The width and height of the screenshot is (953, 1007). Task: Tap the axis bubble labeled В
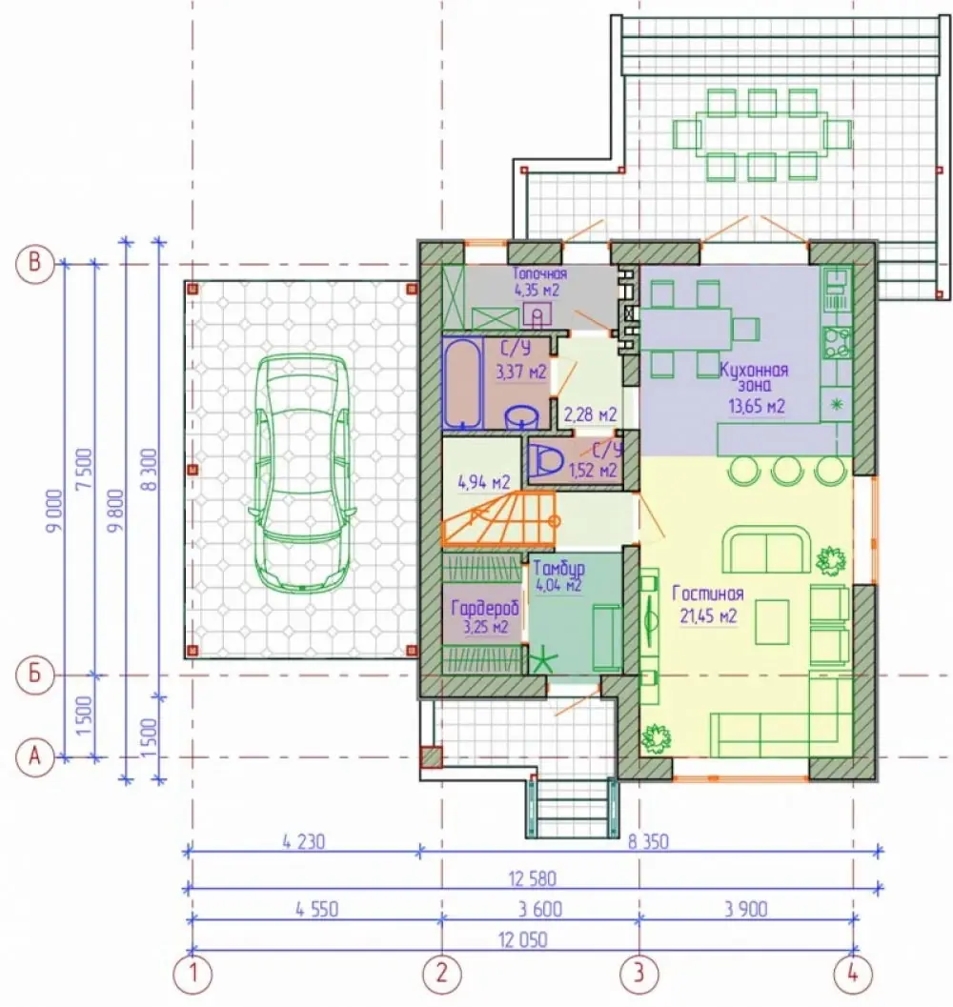pos(34,263)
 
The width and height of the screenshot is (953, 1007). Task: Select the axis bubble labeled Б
pos(34,675)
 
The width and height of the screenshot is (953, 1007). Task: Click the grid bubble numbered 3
pos(639,973)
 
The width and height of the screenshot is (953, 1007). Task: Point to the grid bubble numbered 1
pos(192,974)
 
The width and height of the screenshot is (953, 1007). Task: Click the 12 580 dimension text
pos(532,878)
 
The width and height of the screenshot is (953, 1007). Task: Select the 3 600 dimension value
pos(539,909)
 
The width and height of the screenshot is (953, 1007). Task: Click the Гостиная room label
pos(707,594)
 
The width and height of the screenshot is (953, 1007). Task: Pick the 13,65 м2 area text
pos(757,406)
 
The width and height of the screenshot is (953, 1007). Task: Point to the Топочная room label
pos(539,273)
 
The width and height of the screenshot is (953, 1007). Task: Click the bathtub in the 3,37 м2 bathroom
pos(461,383)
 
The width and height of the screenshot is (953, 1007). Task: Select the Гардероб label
pos(484,608)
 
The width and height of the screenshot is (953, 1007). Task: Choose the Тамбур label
pos(559,569)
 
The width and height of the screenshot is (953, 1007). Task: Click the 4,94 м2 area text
pos(484,482)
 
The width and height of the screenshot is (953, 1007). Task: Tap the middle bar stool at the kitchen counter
pos(787,469)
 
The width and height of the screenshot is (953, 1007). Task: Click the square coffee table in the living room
pos(772,621)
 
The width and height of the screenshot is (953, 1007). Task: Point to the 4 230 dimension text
pos(303,840)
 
